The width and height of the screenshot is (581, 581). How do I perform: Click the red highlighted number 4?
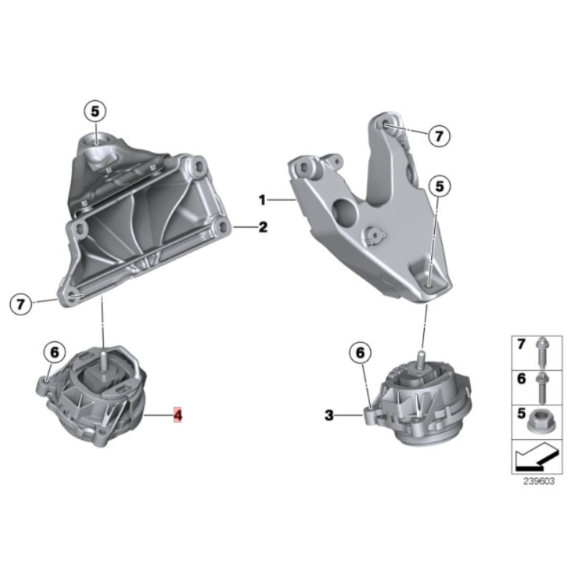tap(179, 415)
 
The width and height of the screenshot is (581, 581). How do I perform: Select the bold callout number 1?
tap(262, 200)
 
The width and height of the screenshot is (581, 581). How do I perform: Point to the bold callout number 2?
tap(263, 227)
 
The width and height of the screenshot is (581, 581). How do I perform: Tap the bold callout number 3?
tap(329, 415)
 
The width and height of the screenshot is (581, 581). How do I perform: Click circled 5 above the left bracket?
tap(95, 111)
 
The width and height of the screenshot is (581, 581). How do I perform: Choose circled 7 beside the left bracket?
tap(20, 304)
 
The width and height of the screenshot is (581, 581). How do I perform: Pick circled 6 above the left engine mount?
tap(55, 352)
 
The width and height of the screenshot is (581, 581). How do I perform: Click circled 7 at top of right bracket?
tap(439, 136)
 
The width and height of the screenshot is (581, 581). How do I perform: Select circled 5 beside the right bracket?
tap(439, 186)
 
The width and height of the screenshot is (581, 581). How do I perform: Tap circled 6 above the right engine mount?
tap(360, 353)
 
